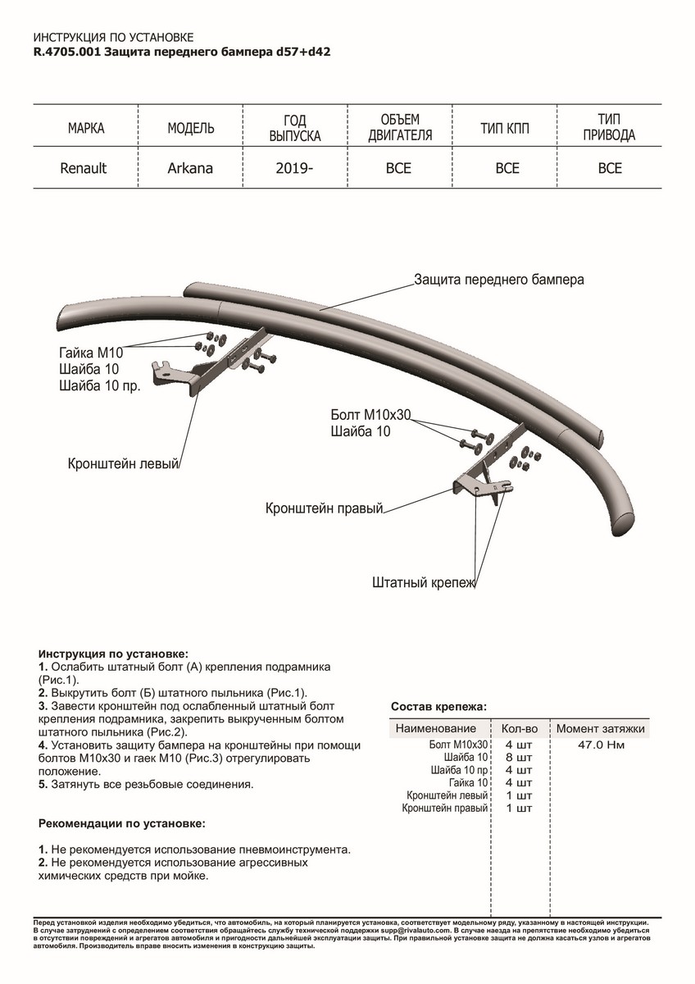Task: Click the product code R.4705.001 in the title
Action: [x=68, y=51]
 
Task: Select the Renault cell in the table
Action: [x=83, y=169]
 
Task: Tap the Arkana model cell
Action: [x=190, y=169]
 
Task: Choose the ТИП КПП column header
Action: [x=508, y=129]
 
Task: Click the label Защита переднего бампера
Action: [x=499, y=279]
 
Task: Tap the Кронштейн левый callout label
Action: [x=123, y=464]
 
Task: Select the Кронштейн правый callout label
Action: [x=325, y=509]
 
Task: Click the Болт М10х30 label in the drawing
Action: [x=370, y=416]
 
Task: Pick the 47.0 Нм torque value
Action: [x=602, y=745]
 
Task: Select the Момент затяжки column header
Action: [x=601, y=728]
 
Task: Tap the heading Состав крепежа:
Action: [x=438, y=705]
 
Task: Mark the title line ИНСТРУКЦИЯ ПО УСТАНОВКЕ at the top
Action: [x=113, y=38]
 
